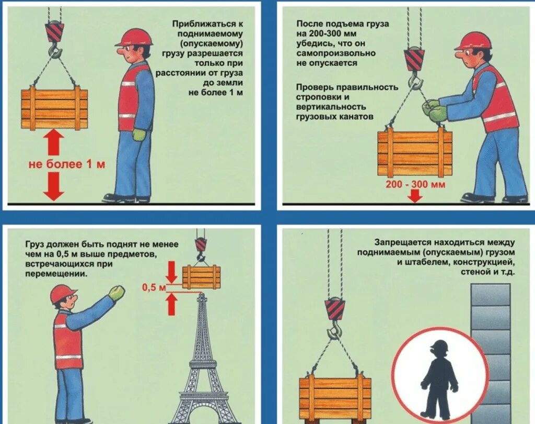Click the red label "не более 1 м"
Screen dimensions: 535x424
pos(66,164)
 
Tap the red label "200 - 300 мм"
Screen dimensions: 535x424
pos(415,184)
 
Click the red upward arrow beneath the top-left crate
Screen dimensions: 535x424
pos(54,143)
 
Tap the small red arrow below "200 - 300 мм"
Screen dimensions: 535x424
pos(415,196)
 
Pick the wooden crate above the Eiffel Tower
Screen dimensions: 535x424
pos(201,277)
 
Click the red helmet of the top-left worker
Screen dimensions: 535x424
pos(134,37)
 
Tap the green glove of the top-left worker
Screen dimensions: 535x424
pos(139,135)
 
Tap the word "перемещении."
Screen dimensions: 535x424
pos(56,274)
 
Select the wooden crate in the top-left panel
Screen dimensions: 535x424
pos(54,109)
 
